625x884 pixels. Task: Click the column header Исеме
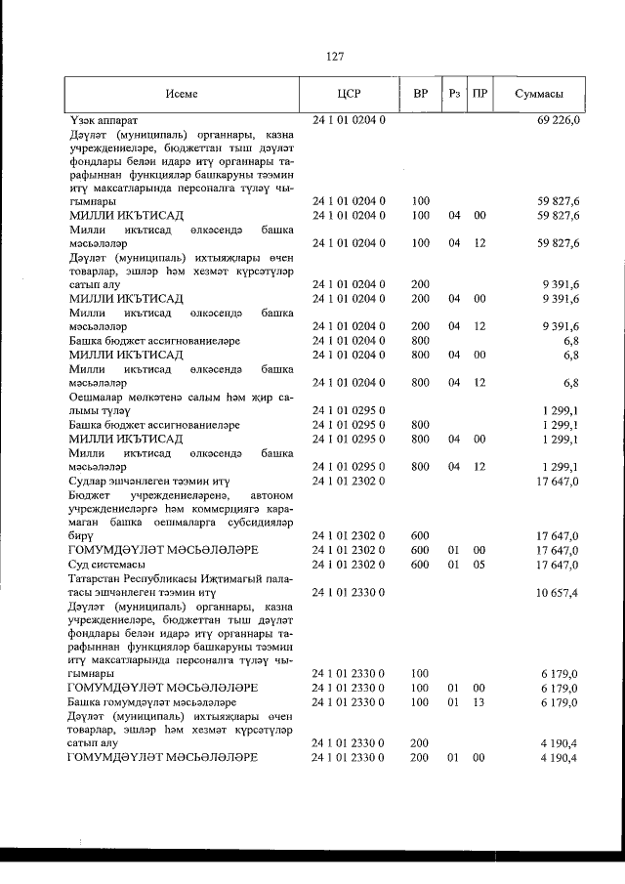click(182, 95)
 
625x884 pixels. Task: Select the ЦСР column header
click(349, 95)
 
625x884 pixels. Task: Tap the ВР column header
click(421, 95)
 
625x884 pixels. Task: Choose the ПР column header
click(479, 95)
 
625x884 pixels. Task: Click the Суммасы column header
click(539, 95)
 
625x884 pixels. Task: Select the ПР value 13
click(479, 702)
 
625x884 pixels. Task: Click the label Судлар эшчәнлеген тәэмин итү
click(148, 481)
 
